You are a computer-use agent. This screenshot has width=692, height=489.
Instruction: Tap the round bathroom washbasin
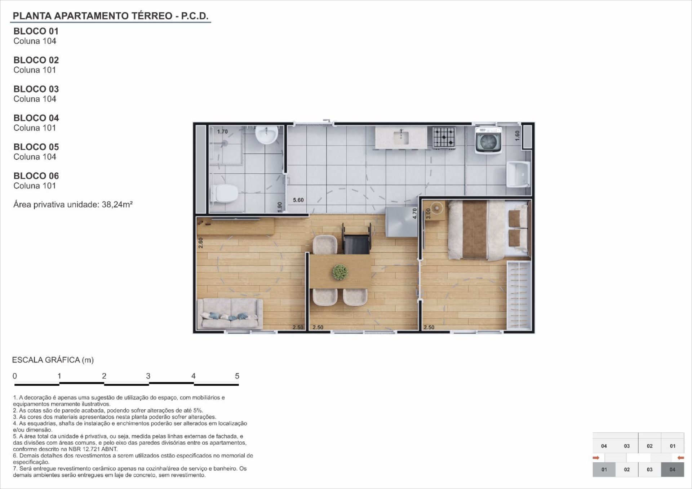(266, 135)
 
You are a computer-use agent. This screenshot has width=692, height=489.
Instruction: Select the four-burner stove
(444, 138)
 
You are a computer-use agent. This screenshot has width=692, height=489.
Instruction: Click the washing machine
(489, 140)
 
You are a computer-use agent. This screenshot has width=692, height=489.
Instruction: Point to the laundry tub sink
(519, 174)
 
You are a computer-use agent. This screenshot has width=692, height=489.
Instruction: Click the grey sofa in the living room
(230, 314)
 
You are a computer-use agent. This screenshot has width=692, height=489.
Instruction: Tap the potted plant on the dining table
(340, 272)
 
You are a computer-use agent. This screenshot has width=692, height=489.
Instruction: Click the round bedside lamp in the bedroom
(437, 208)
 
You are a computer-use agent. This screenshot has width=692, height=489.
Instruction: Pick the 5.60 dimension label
(298, 200)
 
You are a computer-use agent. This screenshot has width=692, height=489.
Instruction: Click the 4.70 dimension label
(414, 213)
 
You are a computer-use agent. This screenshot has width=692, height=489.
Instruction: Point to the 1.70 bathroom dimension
(222, 132)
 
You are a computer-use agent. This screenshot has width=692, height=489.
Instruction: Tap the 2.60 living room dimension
(201, 243)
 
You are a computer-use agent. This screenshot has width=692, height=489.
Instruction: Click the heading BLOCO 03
(36, 89)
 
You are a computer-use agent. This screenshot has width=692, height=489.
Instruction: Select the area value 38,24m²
(117, 204)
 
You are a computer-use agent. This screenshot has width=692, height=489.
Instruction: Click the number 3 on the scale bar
(148, 376)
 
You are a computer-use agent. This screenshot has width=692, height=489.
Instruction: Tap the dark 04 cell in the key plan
(673, 470)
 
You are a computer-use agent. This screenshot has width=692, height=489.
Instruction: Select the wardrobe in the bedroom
(519, 295)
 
